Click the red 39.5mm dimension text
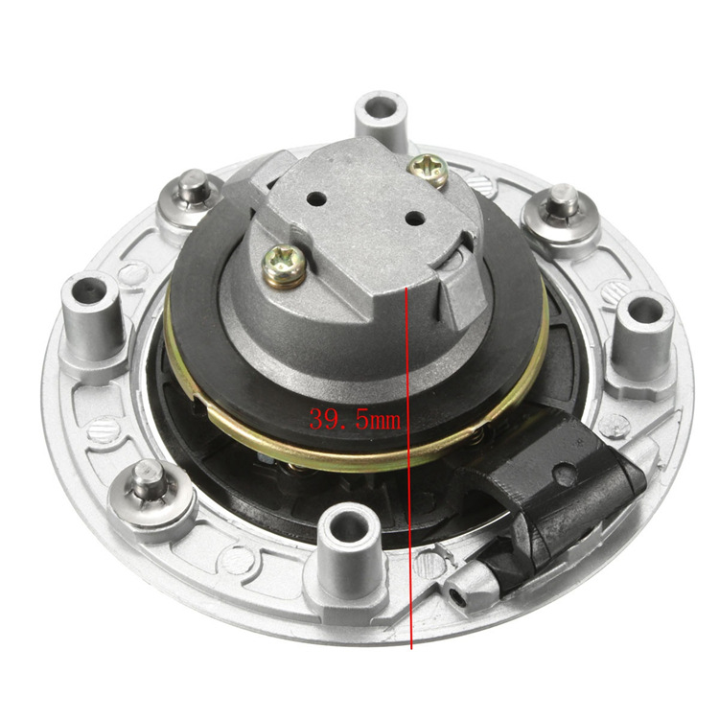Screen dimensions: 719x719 pyautogui.click(x=353, y=419)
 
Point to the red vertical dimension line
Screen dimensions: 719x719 pyautogui.click(x=410, y=537)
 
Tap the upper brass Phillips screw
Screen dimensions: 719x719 pyautogui.click(x=428, y=170)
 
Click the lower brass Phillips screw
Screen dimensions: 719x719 pyautogui.click(x=285, y=264)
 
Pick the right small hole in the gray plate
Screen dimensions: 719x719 pyautogui.click(x=414, y=219)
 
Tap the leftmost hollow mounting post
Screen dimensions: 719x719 pyautogui.click(x=92, y=307)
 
